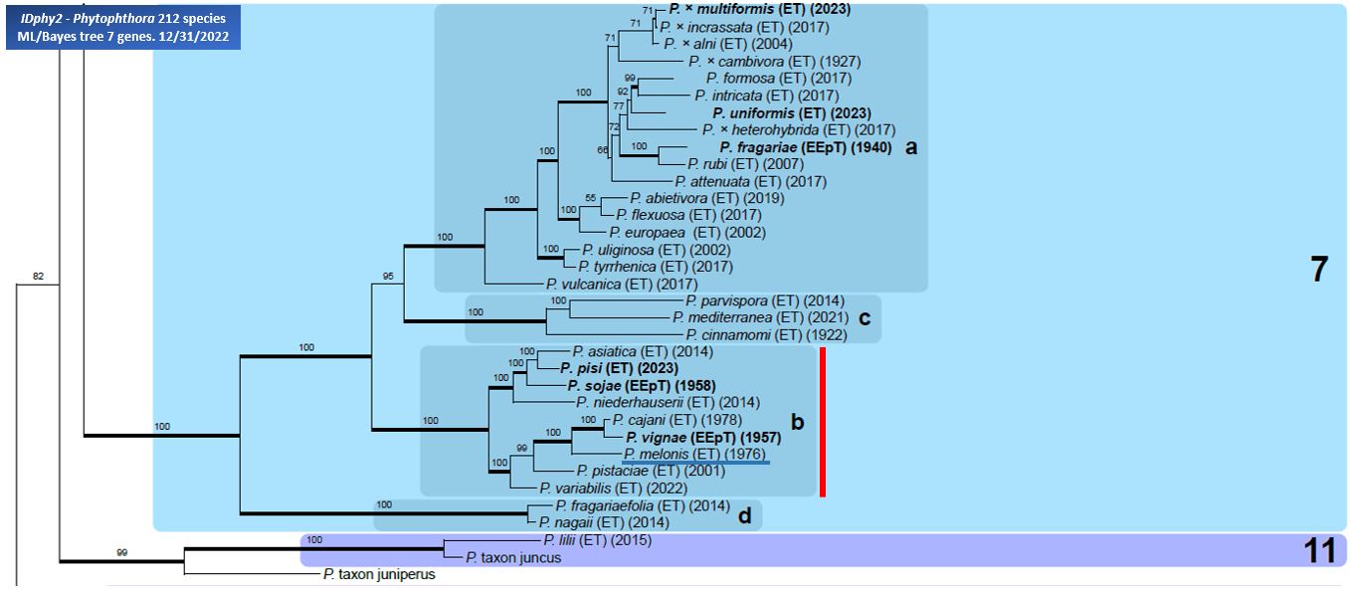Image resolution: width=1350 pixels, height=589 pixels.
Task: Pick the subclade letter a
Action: [910, 147]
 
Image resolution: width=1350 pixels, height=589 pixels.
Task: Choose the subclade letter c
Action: [865, 317]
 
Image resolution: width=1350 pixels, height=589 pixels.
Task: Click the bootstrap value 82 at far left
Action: [39, 276]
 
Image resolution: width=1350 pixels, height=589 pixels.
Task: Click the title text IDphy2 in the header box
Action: [45, 19]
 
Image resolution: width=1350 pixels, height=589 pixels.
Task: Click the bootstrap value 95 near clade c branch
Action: [390, 276]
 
